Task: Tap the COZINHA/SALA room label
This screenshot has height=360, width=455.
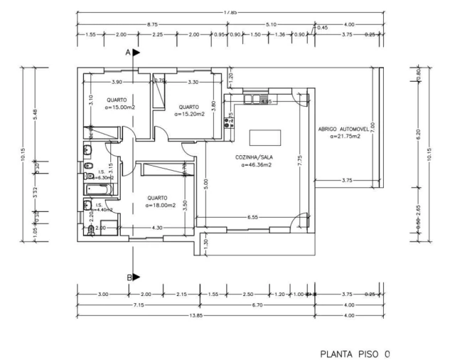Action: coord(252,157)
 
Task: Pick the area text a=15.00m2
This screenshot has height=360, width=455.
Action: coord(117,107)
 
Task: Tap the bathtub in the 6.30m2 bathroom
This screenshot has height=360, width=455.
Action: coord(95,189)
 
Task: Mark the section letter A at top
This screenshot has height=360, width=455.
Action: coord(129,53)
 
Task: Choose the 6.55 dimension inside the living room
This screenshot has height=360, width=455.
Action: coord(252,216)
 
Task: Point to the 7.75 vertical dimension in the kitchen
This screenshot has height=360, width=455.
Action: coord(300,160)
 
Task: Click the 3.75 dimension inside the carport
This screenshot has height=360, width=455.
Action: coord(347,181)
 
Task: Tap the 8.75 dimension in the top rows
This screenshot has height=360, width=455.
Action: coord(152,25)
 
